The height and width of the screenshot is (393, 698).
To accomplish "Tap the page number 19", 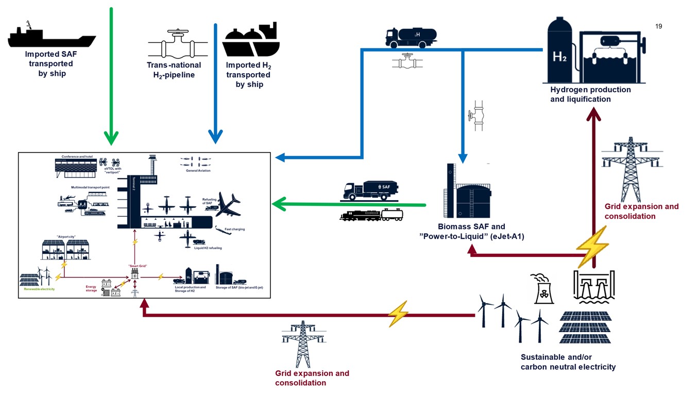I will click(658, 26).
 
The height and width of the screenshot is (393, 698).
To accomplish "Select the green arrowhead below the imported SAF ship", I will click(111, 137).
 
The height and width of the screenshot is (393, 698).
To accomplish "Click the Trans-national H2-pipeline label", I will click(174, 70).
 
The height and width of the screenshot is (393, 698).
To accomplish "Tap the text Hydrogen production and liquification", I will click(590, 94).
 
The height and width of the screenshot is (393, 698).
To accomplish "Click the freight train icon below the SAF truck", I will click(371, 215).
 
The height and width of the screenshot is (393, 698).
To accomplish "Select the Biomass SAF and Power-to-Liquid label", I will click(471, 232).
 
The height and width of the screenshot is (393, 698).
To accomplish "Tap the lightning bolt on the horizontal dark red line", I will click(398, 314).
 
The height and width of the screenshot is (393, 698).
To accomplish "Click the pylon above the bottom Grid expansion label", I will click(303, 343).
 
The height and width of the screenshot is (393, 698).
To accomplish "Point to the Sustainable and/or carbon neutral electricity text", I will click(568, 362).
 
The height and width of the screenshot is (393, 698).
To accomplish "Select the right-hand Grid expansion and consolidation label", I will click(641, 211).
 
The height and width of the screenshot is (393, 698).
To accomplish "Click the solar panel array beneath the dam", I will click(585, 327).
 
